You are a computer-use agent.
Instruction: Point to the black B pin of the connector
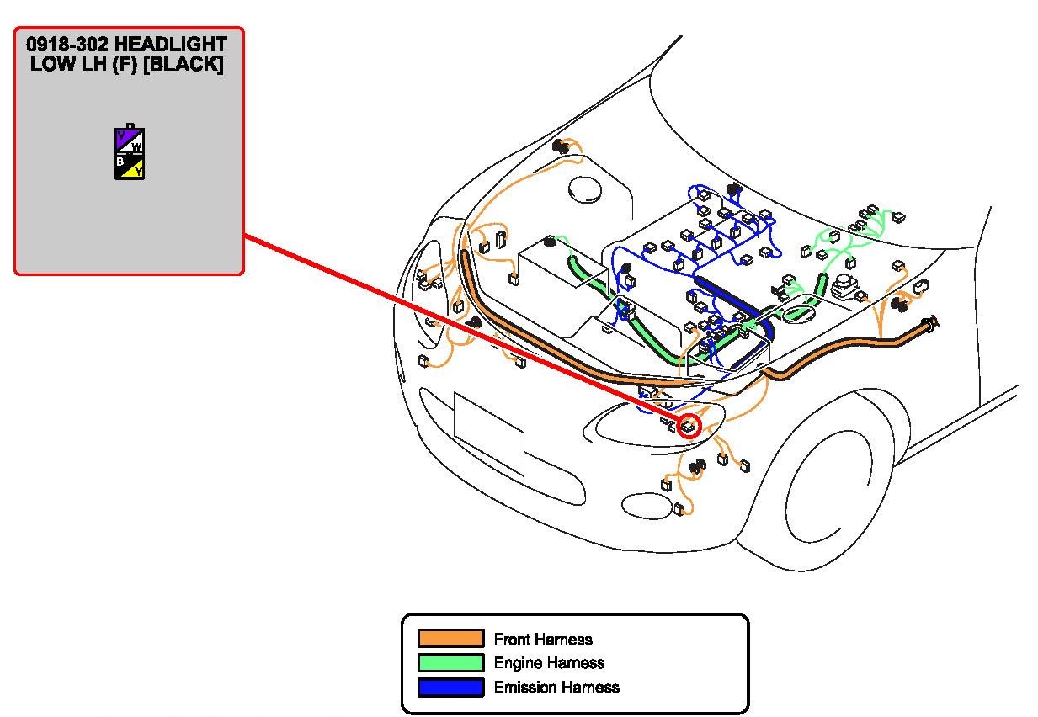pos(122,162)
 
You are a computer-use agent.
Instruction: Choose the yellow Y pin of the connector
pos(137,171)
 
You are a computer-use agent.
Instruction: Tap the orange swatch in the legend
pos(450,639)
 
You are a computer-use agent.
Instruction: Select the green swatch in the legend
pos(450,663)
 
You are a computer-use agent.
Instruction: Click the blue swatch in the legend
pos(450,688)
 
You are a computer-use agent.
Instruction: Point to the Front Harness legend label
pos(543,640)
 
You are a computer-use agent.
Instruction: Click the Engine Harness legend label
pos(549,663)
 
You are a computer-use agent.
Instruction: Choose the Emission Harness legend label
pos(556,688)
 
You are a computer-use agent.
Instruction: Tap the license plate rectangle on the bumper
pos(488,433)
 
